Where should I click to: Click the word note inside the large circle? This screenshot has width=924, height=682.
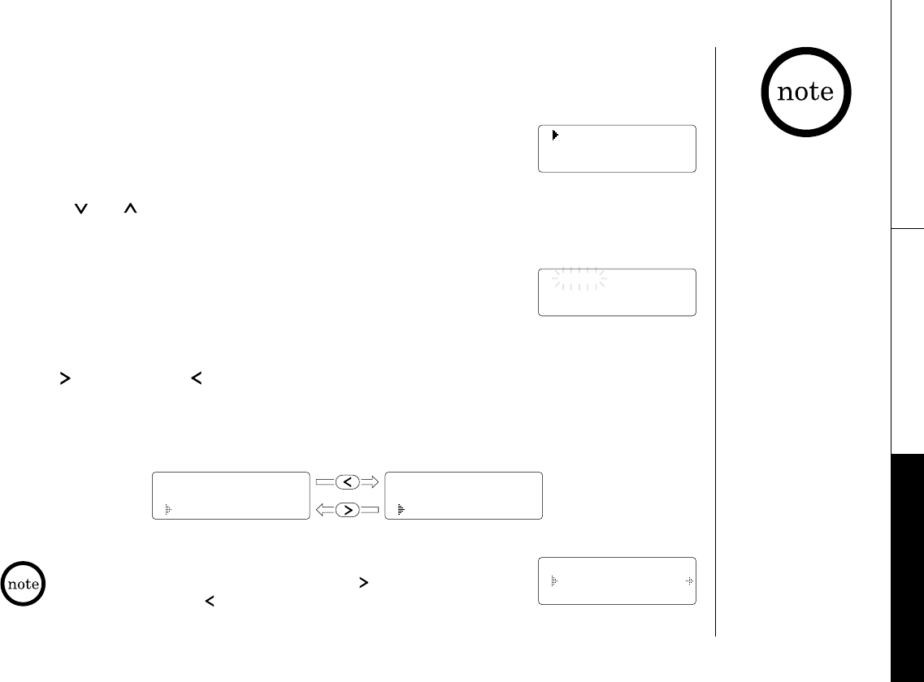pos(805,93)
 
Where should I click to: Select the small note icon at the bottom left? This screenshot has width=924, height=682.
pos(23,585)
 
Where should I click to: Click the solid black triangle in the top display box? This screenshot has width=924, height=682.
pos(555,136)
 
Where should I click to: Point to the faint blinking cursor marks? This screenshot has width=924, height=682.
pos(579,279)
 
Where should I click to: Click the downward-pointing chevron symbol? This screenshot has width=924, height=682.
pos(80,209)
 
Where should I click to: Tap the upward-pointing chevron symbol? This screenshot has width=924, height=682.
pos(129,209)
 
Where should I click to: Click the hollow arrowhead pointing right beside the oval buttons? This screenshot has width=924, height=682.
pos(371,482)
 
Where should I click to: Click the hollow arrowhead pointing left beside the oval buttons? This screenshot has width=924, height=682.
pos(324,510)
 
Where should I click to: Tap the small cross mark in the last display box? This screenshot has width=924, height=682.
pos(688,581)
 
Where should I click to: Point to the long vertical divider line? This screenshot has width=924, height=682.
pos(716,341)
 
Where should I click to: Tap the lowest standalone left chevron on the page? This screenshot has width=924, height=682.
pos(209,602)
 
